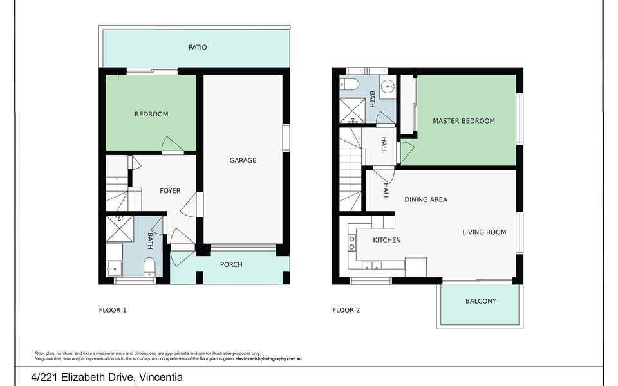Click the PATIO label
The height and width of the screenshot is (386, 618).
point(198,47)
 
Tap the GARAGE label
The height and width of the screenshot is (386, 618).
point(243,160)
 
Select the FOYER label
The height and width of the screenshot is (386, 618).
point(170,191)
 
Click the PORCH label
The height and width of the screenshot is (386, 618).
point(231,264)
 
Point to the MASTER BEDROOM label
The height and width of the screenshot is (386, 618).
point(464,121)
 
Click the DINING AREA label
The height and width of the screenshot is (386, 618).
point(426,199)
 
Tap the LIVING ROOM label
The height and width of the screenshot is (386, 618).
point(484,232)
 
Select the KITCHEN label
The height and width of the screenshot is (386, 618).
point(387,240)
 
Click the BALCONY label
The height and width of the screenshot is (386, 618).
point(480,301)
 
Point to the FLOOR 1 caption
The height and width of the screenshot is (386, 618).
point(113,310)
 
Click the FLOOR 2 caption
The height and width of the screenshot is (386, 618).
point(346,310)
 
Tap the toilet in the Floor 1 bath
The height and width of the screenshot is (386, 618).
point(149,267)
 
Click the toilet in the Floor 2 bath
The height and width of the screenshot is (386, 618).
point(350,84)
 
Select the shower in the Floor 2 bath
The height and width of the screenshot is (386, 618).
point(353,111)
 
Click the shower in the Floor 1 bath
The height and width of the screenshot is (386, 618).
point(120,228)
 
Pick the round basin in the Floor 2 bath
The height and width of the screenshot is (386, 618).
point(389,86)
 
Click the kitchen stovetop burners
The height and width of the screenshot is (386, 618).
point(351,243)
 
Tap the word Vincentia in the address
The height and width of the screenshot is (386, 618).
point(160,378)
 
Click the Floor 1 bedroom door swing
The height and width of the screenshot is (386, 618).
point(173,145)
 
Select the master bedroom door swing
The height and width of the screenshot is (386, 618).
point(407,153)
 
